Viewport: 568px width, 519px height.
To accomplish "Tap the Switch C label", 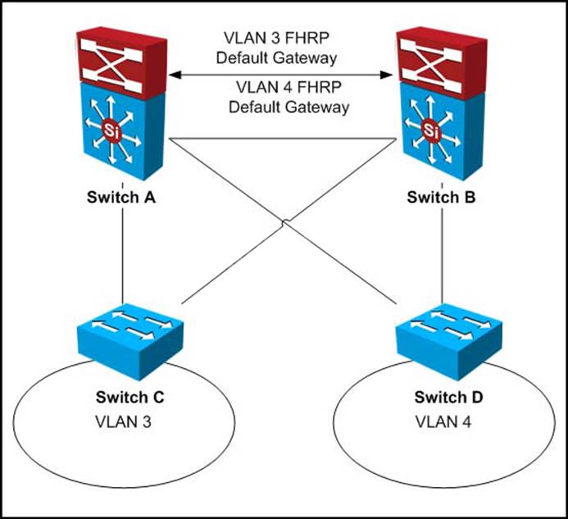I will [x=130, y=398].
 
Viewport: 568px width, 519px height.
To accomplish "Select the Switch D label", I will [x=448, y=398].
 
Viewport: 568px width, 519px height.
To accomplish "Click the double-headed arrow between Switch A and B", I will [x=283, y=75].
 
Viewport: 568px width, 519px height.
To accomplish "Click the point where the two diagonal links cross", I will [x=284, y=222].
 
